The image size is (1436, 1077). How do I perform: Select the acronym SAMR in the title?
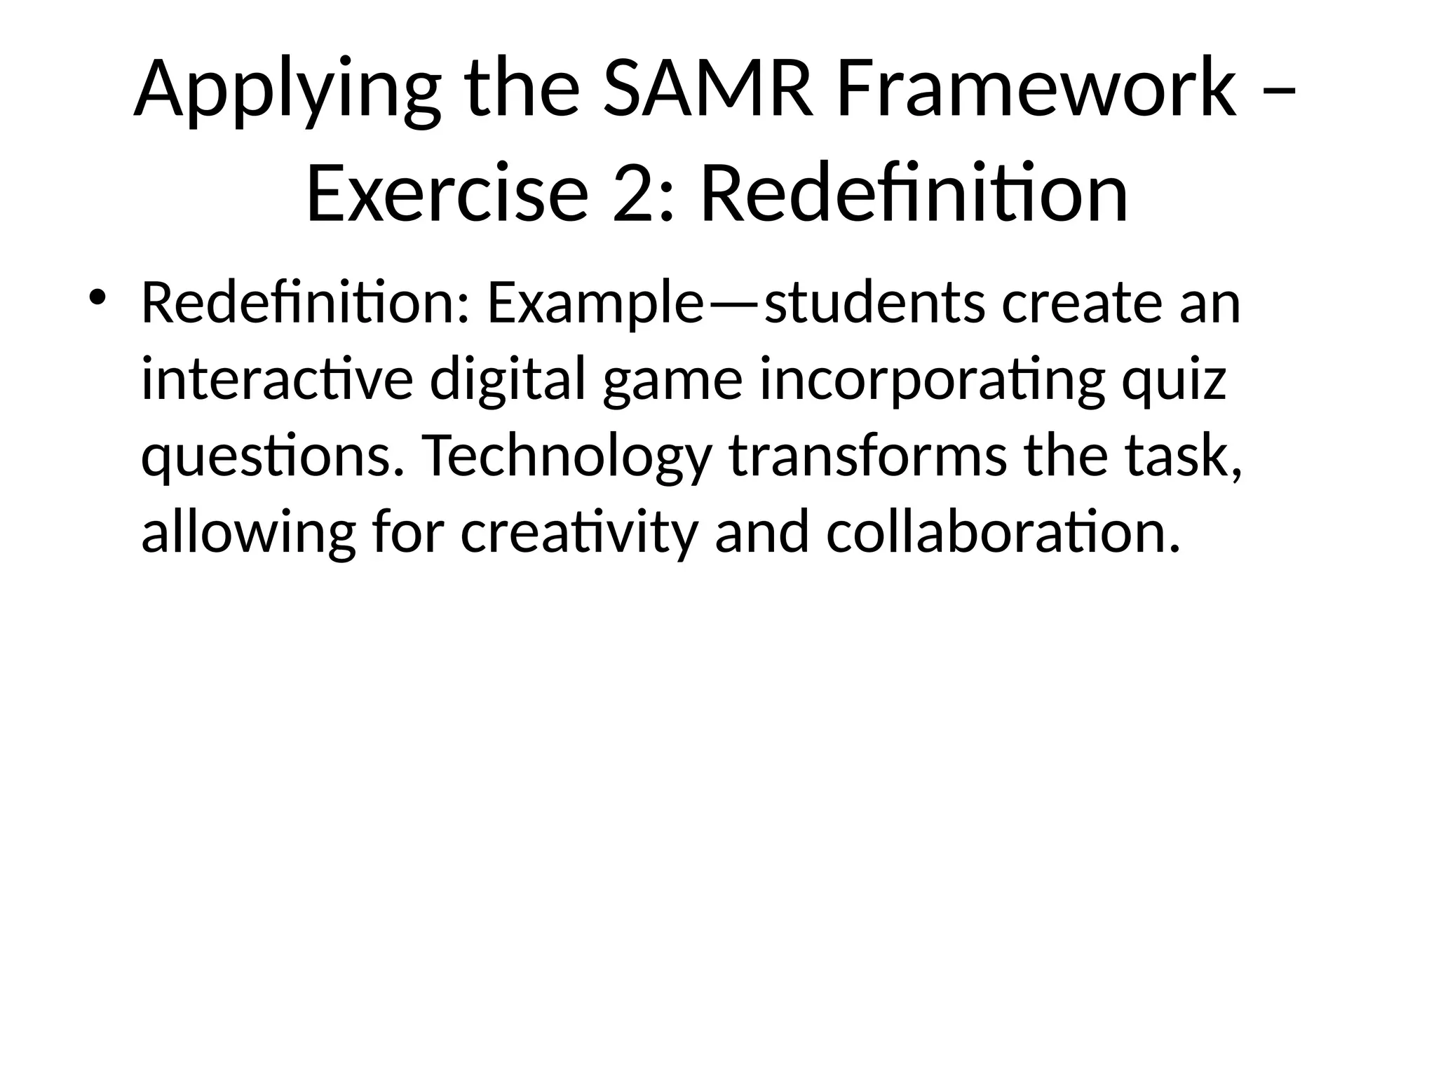(707, 90)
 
